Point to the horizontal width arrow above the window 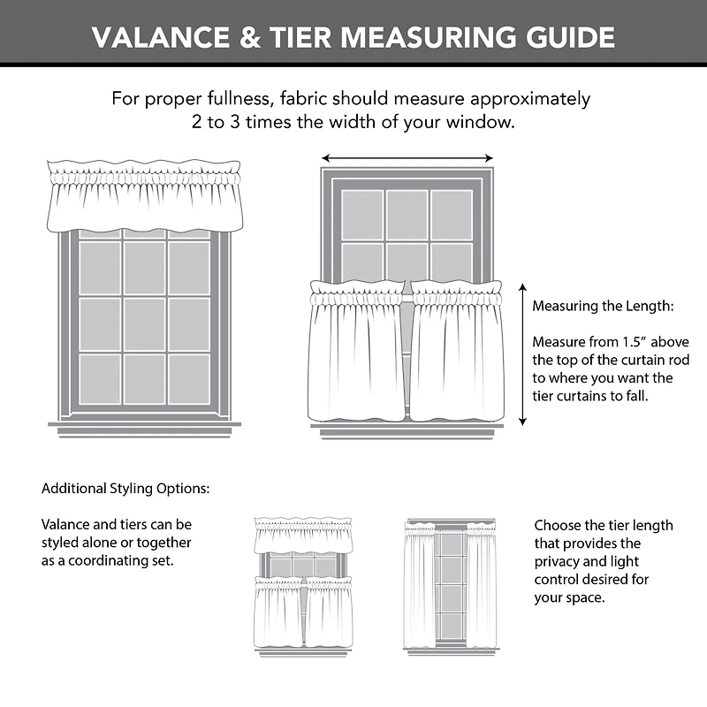coord(407,158)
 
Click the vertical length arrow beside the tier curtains coord(522,354)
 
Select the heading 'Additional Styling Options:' coord(125,488)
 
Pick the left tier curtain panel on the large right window coord(357,353)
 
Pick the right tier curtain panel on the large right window coord(457,353)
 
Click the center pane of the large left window coord(144,323)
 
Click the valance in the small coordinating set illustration coord(302,536)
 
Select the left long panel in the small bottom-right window coord(419,583)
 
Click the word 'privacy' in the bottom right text coord(557,561)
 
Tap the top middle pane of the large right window coord(407,215)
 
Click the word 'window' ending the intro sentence coord(486,121)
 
